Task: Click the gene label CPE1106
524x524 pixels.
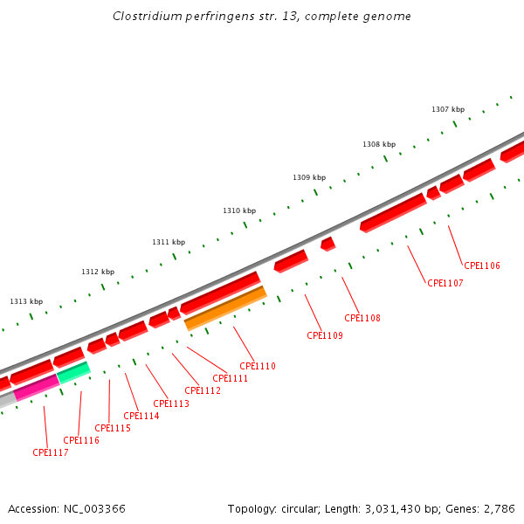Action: pos(482,265)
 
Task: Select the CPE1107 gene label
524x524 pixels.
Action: pos(445,283)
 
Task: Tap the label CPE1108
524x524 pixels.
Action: pos(362,318)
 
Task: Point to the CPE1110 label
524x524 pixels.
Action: pos(258,366)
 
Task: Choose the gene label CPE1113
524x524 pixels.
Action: pos(171,403)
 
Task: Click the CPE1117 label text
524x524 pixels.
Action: pos(51,452)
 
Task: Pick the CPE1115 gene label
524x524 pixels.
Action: pos(113,428)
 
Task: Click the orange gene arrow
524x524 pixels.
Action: pos(225,308)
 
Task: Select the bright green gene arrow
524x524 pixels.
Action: pos(73,373)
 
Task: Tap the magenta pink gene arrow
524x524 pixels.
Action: pos(36,387)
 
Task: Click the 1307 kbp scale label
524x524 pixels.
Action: pos(448,109)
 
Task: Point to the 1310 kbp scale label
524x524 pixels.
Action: pos(239,210)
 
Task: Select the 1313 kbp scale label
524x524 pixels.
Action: pos(26,301)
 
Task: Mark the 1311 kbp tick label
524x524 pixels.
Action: pos(169,242)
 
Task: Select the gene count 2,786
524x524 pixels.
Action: pos(499,508)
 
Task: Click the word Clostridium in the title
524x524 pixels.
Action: pos(147,17)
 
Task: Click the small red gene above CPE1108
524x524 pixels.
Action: pos(327,244)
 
